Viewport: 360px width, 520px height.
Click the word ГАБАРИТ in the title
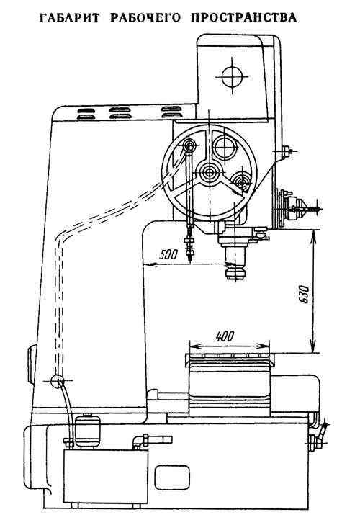[x=68, y=18]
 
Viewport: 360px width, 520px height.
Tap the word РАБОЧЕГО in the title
[x=145, y=18]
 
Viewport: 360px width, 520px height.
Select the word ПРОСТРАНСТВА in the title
[x=244, y=18]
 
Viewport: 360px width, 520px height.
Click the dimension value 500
[x=168, y=254]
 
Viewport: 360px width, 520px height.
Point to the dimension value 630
[x=304, y=294]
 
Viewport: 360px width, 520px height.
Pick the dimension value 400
[x=225, y=336]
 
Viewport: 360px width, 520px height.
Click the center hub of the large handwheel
[x=210, y=172]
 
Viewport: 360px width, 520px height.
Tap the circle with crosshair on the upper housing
[x=232, y=76]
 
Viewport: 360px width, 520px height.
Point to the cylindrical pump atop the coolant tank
[x=88, y=431]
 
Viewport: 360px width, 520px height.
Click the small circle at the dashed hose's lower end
[x=58, y=381]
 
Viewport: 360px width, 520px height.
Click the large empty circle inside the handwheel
[x=225, y=145]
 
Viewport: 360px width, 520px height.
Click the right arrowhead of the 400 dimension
[x=264, y=346]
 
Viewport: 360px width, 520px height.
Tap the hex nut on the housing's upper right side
[x=286, y=152]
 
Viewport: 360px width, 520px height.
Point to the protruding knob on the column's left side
[x=30, y=364]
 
